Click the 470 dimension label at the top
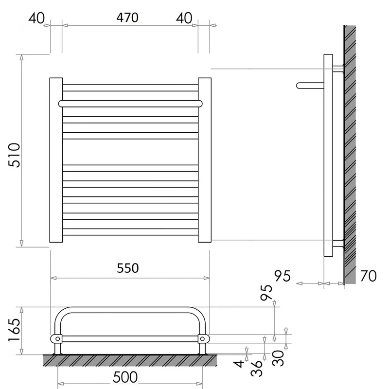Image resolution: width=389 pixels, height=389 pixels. click(127, 18)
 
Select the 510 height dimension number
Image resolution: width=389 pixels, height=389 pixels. click(14, 155)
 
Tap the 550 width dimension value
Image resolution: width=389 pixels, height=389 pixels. click(128, 268)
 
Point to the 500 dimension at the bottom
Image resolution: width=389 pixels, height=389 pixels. click(125, 377)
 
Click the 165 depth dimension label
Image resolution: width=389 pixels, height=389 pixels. click(14, 330)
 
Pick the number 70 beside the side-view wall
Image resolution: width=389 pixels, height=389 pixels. click(369, 276)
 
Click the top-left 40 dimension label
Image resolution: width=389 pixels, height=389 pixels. click(36, 18)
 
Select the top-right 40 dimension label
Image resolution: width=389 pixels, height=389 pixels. click(184, 18)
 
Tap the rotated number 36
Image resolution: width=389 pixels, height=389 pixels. click(257, 368)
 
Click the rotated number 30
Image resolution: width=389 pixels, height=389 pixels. click(278, 358)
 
